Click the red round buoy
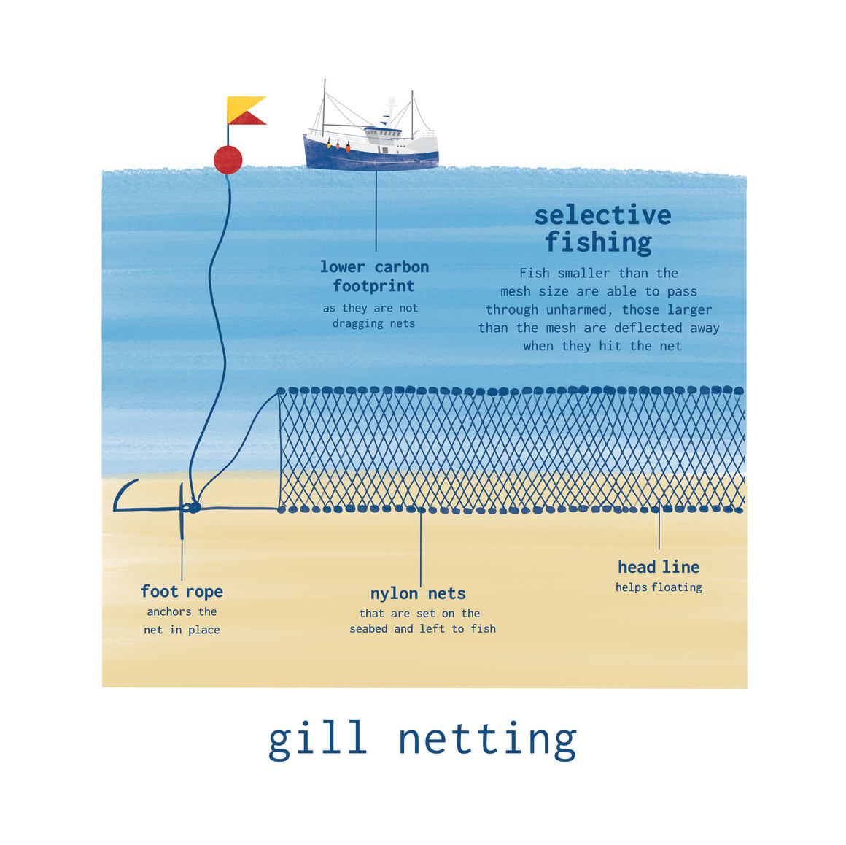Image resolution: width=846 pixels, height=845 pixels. point(228,159)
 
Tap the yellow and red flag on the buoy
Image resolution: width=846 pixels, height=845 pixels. point(244,110)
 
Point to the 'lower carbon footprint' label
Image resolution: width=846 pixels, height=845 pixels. point(374,277)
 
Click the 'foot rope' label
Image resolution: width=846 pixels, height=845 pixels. point(182,592)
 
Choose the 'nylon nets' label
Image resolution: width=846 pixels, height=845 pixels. point(418,593)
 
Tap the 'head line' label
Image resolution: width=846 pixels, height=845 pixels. point(659,567)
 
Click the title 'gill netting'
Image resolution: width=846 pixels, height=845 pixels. point(422,739)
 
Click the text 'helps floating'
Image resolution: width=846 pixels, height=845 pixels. point(659,587)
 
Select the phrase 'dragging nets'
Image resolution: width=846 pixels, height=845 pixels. point(373,323)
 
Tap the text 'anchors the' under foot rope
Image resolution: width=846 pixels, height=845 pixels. point(182,612)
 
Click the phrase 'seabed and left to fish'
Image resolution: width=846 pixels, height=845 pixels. point(422,629)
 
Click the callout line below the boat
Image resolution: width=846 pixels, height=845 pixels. point(376,212)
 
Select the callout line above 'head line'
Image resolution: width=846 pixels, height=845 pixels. point(659,529)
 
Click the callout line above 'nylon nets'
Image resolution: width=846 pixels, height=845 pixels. point(421,547)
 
